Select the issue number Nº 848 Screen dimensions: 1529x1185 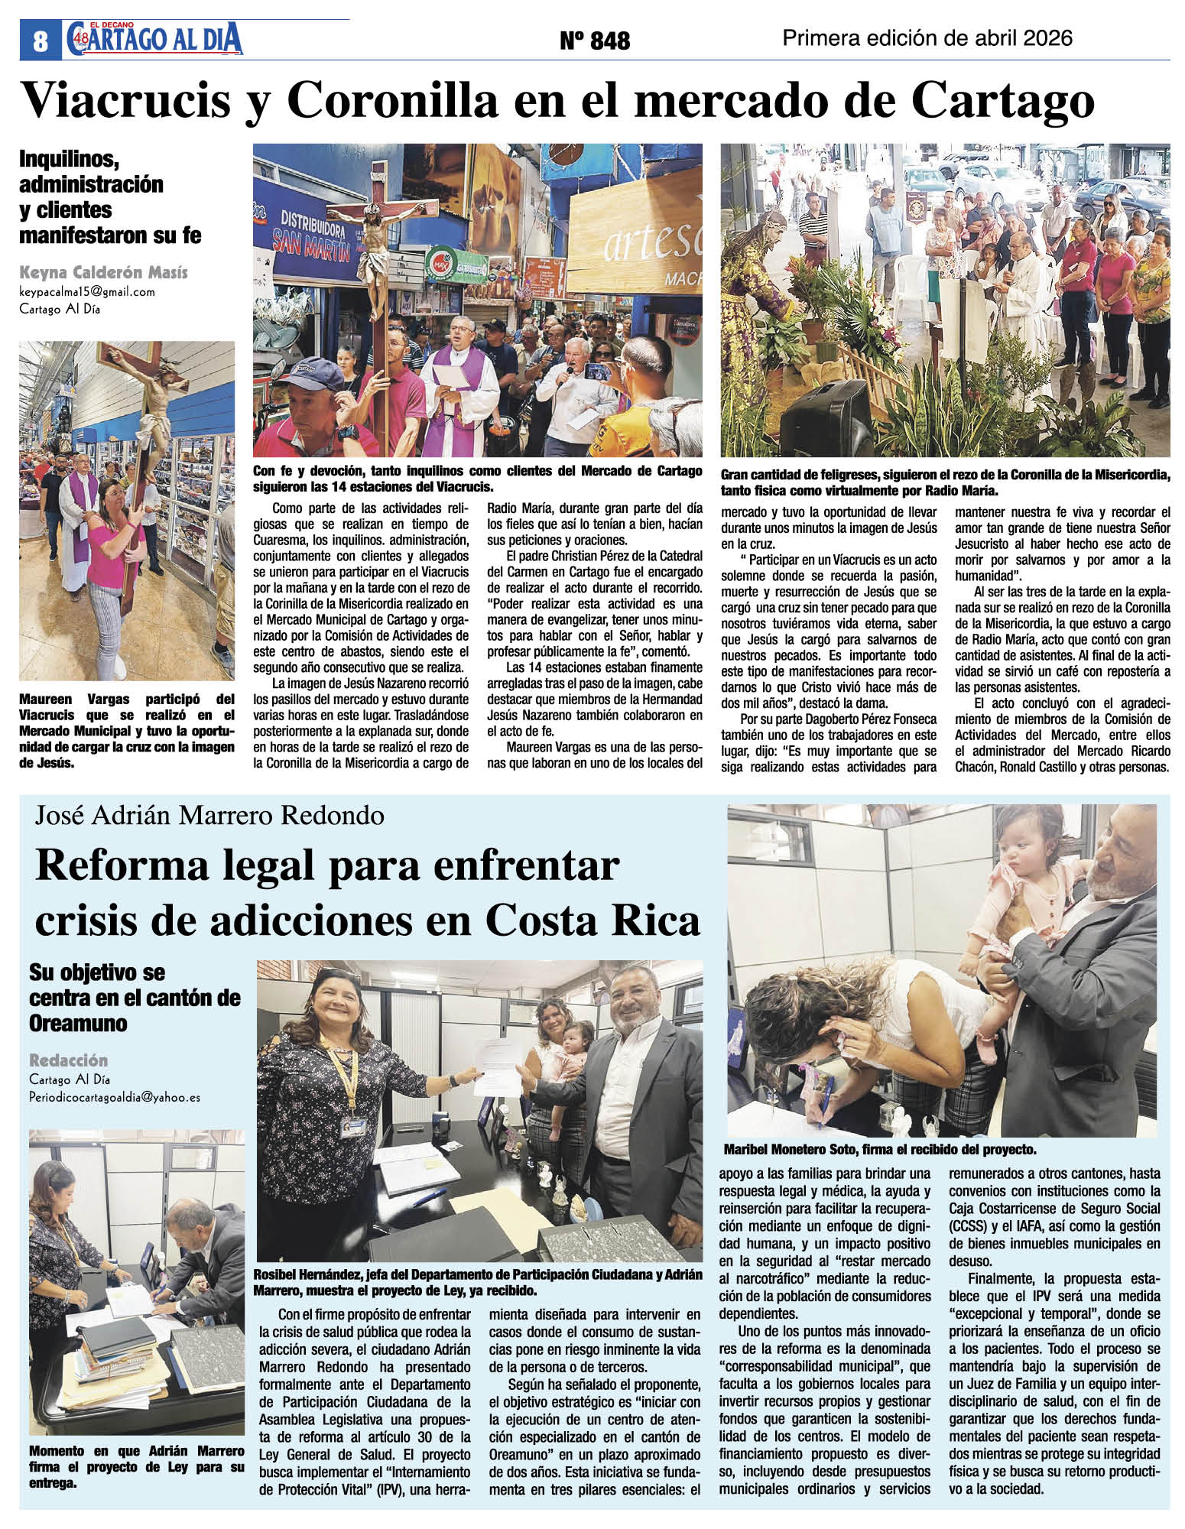point(595,41)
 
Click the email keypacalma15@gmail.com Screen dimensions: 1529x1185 point(87,292)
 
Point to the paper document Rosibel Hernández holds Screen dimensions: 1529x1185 point(496,1079)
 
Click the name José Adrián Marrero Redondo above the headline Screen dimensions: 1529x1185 point(209,816)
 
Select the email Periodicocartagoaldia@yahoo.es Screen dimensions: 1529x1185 point(115,1096)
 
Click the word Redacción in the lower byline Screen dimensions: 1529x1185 point(69,1060)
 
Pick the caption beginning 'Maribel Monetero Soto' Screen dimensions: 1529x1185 point(879,1149)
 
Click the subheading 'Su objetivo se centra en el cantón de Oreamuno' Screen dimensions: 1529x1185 point(135,998)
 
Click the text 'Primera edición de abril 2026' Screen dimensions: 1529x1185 point(928,38)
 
